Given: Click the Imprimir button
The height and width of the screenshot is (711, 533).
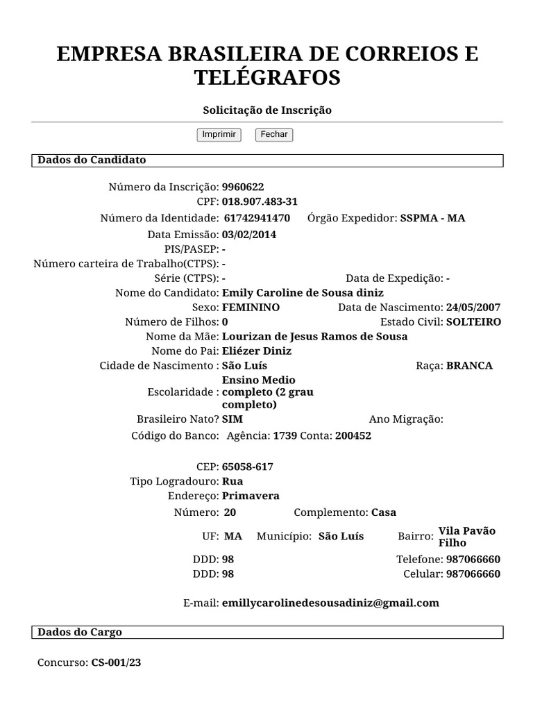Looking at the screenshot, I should click(219, 135).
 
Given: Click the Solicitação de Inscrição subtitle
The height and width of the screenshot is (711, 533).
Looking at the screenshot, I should click(267, 110).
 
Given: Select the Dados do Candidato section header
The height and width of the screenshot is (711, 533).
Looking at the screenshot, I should click(92, 160).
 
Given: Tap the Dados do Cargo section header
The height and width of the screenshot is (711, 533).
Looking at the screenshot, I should click(80, 633).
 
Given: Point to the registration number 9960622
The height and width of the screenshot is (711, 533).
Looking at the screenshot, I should click(243, 187).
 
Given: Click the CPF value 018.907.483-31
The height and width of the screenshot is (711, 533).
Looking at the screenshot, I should click(260, 202).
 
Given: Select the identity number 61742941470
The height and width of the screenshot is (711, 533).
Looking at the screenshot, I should click(257, 218).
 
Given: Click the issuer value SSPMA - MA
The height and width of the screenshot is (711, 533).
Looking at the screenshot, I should click(432, 218).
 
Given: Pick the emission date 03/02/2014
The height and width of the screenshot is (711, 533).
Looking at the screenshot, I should click(249, 235).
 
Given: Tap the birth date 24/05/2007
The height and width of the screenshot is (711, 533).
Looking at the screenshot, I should click(473, 308).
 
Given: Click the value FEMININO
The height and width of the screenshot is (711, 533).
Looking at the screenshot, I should click(251, 308).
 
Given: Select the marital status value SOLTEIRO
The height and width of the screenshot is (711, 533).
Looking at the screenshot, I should click(473, 322).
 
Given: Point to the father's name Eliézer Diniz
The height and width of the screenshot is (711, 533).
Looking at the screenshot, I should click(257, 351).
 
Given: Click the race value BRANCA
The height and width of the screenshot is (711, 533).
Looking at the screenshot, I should click(470, 366).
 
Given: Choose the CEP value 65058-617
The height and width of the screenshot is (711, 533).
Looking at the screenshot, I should click(248, 467).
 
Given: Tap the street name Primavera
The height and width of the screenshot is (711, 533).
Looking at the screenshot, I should click(251, 496).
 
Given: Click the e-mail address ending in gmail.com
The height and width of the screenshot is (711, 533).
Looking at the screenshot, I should click(330, 603).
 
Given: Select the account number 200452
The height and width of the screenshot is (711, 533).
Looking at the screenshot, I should click(353, 436).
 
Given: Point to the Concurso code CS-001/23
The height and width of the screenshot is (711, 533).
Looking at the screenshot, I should click(116, 662).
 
